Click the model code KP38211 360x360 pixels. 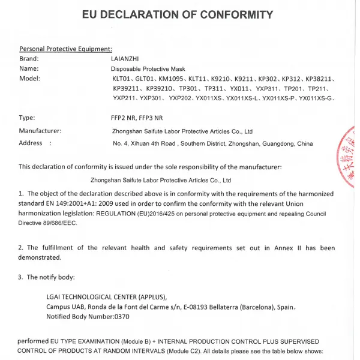320,79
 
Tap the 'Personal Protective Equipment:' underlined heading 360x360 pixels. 65,49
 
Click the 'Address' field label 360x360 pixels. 31,143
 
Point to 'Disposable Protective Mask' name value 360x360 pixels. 146,69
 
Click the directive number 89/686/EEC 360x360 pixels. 61,223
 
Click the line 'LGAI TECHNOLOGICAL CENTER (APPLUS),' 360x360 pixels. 106,296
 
